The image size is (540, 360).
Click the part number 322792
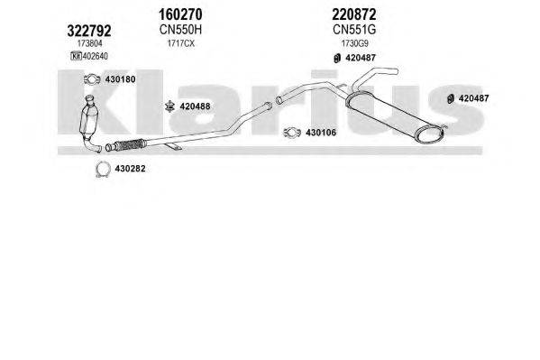(89, 31)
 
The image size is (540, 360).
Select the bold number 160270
(180, 14)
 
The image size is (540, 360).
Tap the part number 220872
(354, 14)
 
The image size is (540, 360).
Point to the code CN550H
(180, 30)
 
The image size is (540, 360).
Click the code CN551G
(354, 30)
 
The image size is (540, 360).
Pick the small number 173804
(90, 43)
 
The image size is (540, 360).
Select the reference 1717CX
(181, 43)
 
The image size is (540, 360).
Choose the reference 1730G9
(354, 43)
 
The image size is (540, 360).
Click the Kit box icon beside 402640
(76, 56)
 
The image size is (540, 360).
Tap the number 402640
(95, 56)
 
